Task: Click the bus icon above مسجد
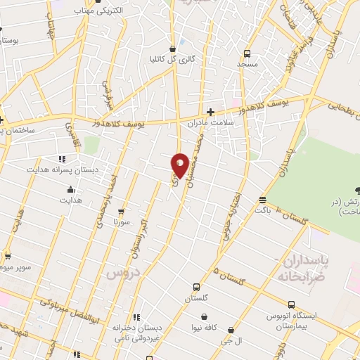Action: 247,53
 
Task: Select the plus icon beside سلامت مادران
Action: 210,111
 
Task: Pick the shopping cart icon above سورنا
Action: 121,210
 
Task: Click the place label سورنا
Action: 122,221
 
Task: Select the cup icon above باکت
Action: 262,199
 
